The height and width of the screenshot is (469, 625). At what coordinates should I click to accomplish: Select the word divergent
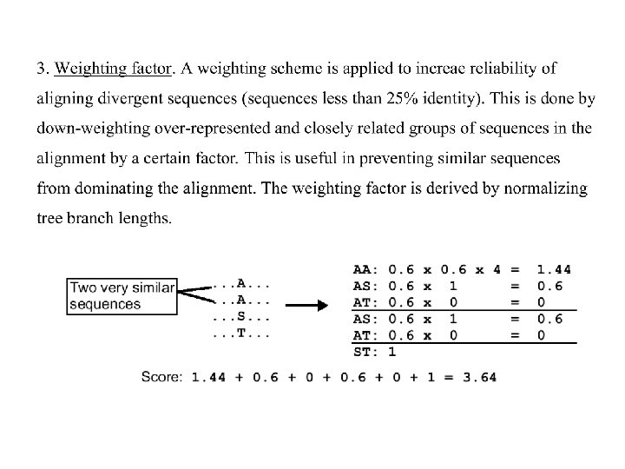coord(122,99)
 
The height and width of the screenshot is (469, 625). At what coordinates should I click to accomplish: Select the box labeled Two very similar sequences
coord(122,296)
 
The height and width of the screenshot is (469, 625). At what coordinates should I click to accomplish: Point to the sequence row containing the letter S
coord(241,316)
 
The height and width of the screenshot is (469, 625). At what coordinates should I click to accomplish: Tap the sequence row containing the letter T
coord(241,333)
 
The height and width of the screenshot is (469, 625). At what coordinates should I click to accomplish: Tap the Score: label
coord(162,377)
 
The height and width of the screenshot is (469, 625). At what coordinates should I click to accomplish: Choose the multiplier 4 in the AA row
coord(497,269)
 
